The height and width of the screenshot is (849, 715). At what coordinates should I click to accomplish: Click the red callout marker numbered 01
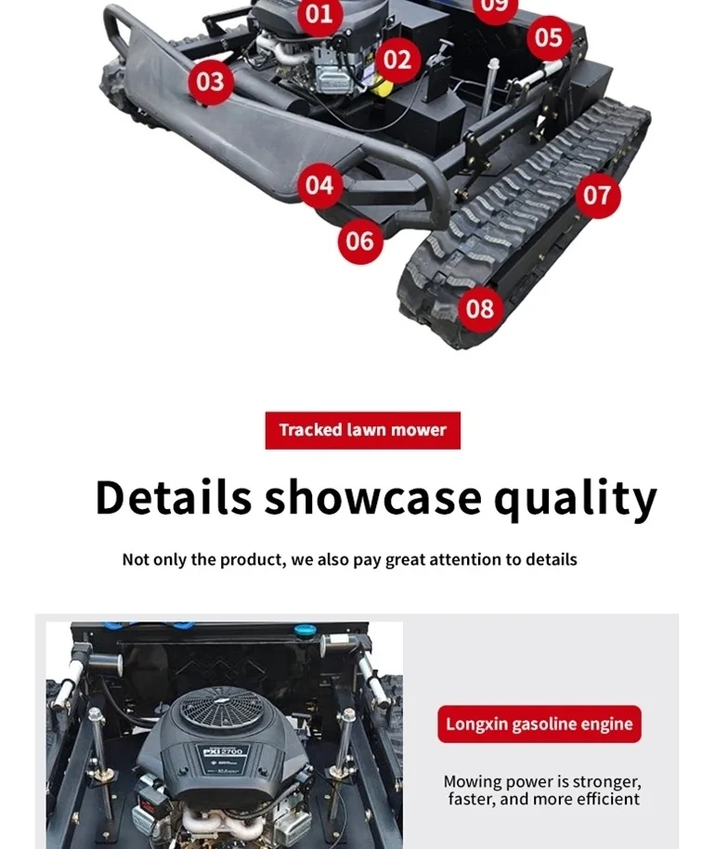(x=319, y=14)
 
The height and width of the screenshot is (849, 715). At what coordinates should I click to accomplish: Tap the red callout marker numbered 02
(x=397, y=59)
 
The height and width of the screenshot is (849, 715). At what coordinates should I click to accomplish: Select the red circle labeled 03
(x=211, y=82)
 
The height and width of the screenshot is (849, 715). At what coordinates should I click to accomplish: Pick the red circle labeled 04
(x=319, y=185)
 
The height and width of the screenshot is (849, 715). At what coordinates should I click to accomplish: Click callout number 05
(x=549, y=37)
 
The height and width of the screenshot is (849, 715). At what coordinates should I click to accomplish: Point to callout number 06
(x=360, y=241)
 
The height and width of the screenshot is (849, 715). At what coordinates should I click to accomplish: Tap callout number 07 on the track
(x=597, y=195)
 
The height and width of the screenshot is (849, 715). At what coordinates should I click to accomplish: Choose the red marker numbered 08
(x=480, y=308)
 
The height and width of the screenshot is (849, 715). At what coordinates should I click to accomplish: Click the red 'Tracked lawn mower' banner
(x=363, y=430)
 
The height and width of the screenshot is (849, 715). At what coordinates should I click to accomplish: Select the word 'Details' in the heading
(x=174, y=497)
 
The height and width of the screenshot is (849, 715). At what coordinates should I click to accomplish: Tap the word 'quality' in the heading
(x=576, y=500)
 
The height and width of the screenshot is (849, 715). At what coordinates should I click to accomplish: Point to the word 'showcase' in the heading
(x=373, y=497)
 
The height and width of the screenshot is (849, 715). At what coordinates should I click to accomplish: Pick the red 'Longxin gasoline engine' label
(x=539, y=724)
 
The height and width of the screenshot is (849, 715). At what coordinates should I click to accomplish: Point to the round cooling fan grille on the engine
(x=220, y=708)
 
